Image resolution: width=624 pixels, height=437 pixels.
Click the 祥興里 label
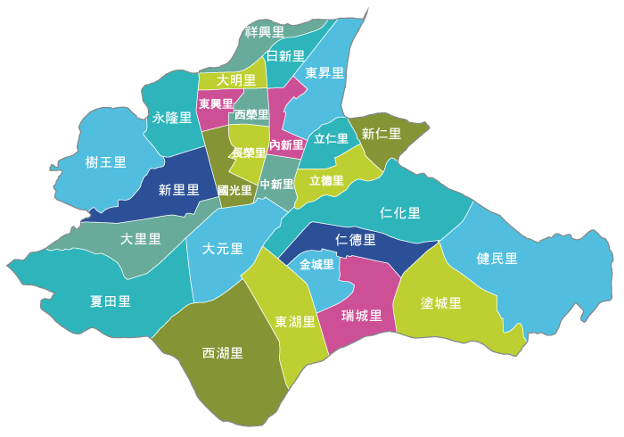tap(265, 32)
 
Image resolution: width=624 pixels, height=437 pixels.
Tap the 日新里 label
tap(285, 56)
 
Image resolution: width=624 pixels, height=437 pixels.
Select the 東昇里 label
tap(324, 73)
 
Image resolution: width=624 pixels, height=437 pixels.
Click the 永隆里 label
tap(172, 117)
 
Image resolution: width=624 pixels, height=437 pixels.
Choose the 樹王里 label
tap(106, 162)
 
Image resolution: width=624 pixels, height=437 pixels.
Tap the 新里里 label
tap(179, 190)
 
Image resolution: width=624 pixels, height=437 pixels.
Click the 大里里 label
tap(141, 239)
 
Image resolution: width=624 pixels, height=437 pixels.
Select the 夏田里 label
tap(111, 301)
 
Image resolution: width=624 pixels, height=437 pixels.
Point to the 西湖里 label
tap(223, 353)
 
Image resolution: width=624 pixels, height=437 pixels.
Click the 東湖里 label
tap(295, 322)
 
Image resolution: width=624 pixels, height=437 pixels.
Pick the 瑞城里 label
tap(362, 316)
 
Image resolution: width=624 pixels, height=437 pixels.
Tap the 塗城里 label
tap(441, 303)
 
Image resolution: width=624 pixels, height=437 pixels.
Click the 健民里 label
tap(497, 259)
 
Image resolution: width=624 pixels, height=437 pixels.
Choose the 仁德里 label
tap(356, 240)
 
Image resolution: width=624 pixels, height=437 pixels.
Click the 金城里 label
tap(316, 265)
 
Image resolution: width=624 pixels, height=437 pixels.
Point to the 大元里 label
tap(223, 249)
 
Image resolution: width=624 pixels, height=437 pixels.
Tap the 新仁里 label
tap(382, 134)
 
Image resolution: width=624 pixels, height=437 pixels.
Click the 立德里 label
tap(326, 180)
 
